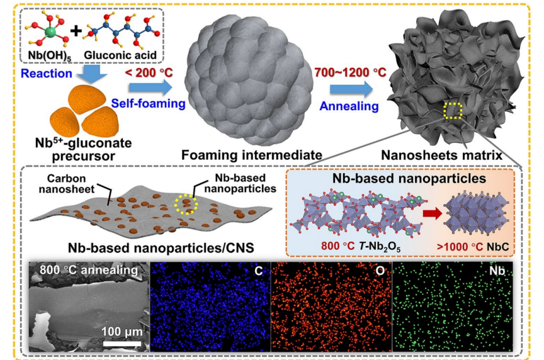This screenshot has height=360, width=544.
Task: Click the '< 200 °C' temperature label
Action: pyautogui.click(x=149, y=74)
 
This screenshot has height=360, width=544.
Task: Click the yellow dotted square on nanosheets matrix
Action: pyautogui.click(x=453, y=111)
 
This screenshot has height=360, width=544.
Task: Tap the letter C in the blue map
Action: pyautogui.click(x=259, y=271)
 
